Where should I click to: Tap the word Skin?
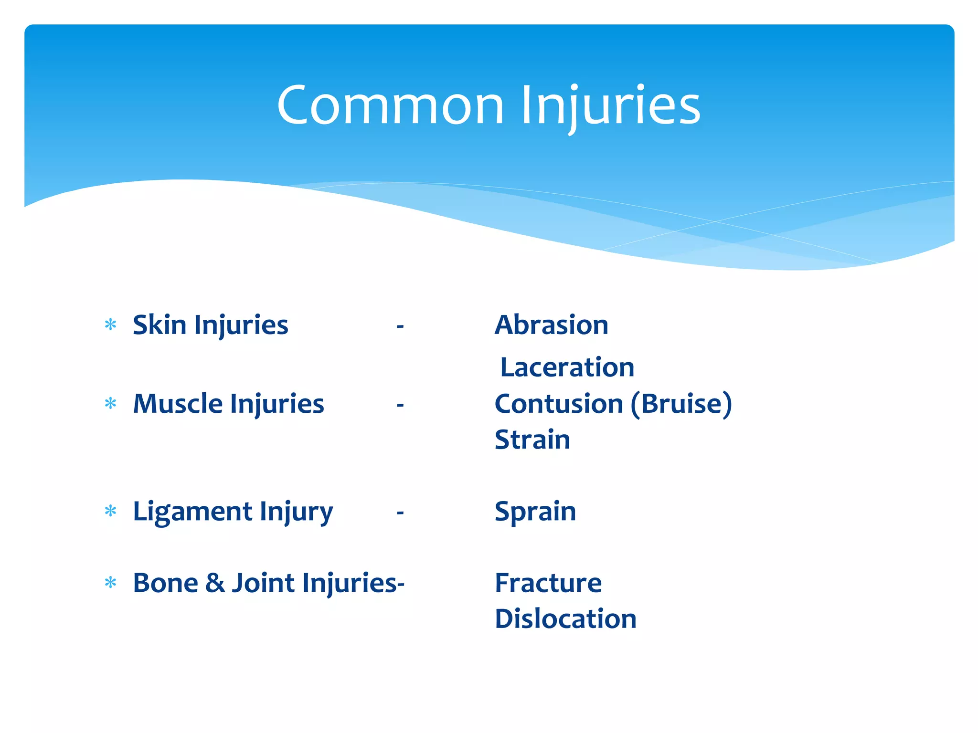click(159, 325)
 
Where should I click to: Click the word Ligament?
click(192, 512)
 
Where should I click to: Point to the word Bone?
click(165, 583)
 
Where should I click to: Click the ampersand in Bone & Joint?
click(215, 583)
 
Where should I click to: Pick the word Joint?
click(263, 583)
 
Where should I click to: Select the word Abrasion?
click(552, 325)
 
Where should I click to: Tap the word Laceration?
click(567, 367)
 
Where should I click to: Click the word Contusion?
click(559, 404)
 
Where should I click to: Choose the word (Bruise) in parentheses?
click(681, 404)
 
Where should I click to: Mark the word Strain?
click(532, 440)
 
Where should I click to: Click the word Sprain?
click(535, 512)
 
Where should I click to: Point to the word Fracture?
click(548, 583)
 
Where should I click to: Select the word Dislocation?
click(565, 619)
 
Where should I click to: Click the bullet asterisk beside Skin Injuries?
click(110, 325)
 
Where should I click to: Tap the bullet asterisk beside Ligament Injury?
click(110, 512)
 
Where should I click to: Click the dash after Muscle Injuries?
click(400, 405)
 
